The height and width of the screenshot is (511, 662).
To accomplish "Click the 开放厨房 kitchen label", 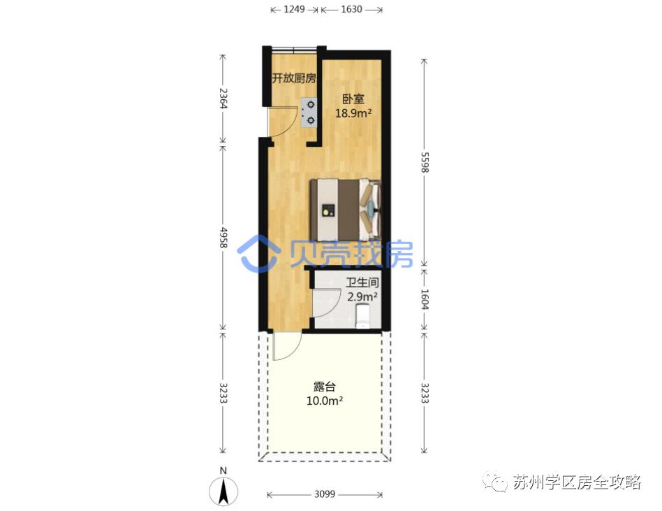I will (294, 78).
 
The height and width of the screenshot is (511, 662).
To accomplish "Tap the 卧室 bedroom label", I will (352, 99).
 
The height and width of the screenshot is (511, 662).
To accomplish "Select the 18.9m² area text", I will (353, 113).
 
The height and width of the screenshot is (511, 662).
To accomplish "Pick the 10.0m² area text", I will (325, 401).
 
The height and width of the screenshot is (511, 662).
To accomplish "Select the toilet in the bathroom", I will (363, 318).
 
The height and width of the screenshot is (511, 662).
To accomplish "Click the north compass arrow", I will (223, 489).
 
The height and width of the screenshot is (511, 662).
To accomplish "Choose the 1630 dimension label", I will (352, 10).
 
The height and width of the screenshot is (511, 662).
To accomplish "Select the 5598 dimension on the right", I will (424, 162).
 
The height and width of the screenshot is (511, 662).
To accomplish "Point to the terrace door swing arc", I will (288, 347).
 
